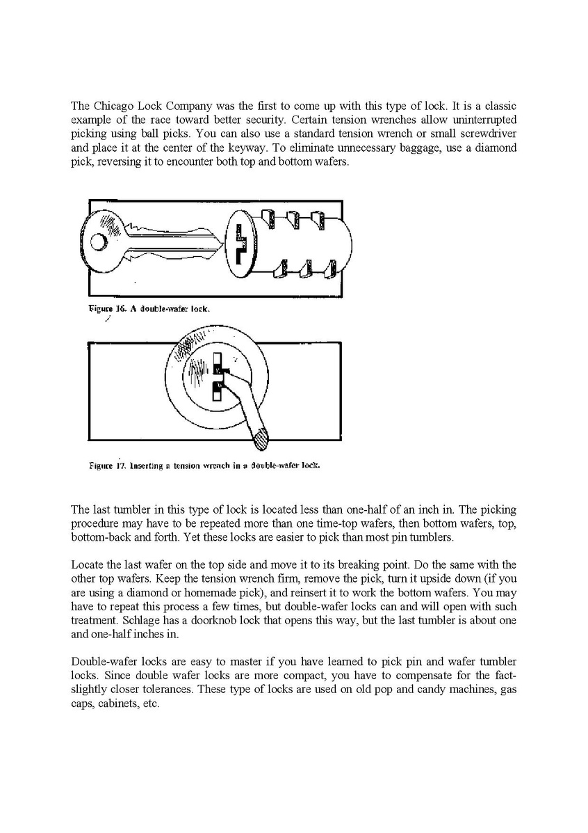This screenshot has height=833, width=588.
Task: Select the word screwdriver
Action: click(489, 133)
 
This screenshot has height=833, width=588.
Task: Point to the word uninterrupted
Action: click(485, 120)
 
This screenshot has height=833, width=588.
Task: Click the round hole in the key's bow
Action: click(99, 241)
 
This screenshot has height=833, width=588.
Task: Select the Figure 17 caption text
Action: click(204, 465)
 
